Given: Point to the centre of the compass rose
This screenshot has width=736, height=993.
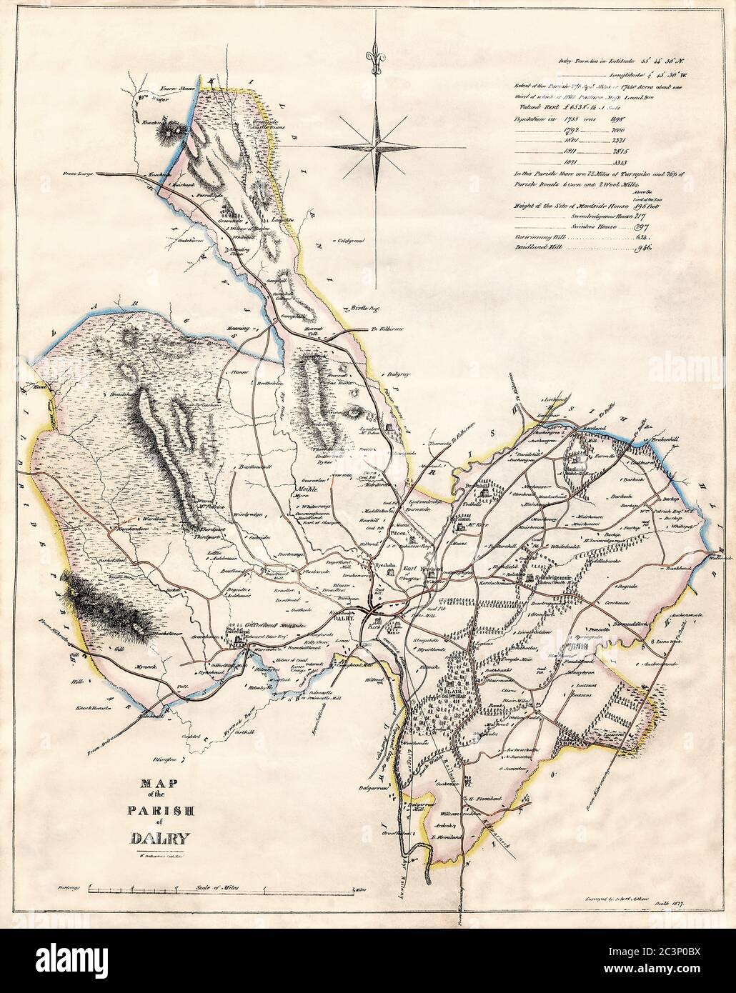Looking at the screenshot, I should point(376,146).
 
